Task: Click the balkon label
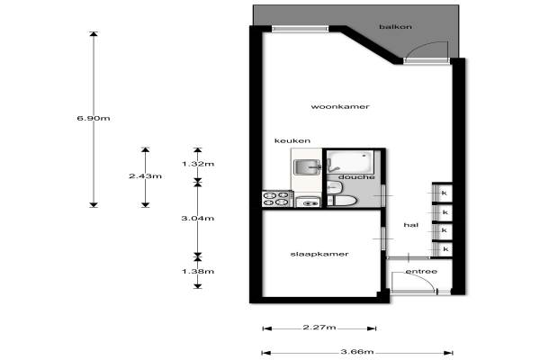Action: click(395, 26)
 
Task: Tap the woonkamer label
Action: click(340, 106)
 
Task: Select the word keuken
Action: click(292, 140)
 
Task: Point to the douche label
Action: click(356, 176)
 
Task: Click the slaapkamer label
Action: click(319, 254)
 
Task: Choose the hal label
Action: click(411, 225)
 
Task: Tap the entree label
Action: click(421, 272)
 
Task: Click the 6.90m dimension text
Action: click(94, 118)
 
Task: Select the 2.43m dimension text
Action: click(145, 176)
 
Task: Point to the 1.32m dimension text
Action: click(198, 164)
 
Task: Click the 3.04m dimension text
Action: click(198, 218)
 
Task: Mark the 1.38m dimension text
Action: click(198, 271)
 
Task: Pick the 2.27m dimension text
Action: click(319, 327)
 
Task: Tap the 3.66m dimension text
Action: click(357, 351)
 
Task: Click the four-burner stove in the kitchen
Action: click(276, 199)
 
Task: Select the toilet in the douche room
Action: click(342, 201)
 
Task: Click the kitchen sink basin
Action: click(305, 167)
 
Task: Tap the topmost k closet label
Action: click(444, 193)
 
